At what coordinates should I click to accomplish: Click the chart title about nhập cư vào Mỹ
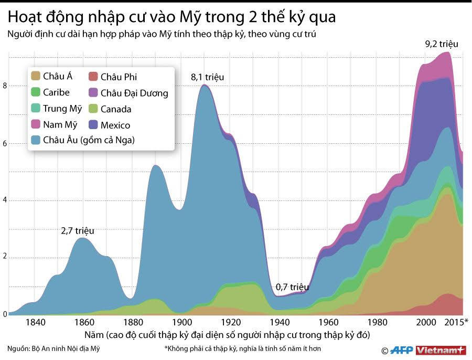pyautogui.click(x=171, y=17)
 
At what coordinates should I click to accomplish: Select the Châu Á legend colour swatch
pyautogui.click(x=36, y=76)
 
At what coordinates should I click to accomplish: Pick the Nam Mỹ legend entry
pyautogui.click(x=55, y=125)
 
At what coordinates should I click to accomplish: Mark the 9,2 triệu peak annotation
pyautogui.click(x=441, y=44)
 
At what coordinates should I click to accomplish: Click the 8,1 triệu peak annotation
pyautogui.click(x=207, y=77)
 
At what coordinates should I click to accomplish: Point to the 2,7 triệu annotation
pyautogui.click(x=78, y=230)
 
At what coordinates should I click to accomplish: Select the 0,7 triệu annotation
pyautogui.click(x=292, y=287)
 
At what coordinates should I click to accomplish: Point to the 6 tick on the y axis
pyautogui.click(x=5, y=143)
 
